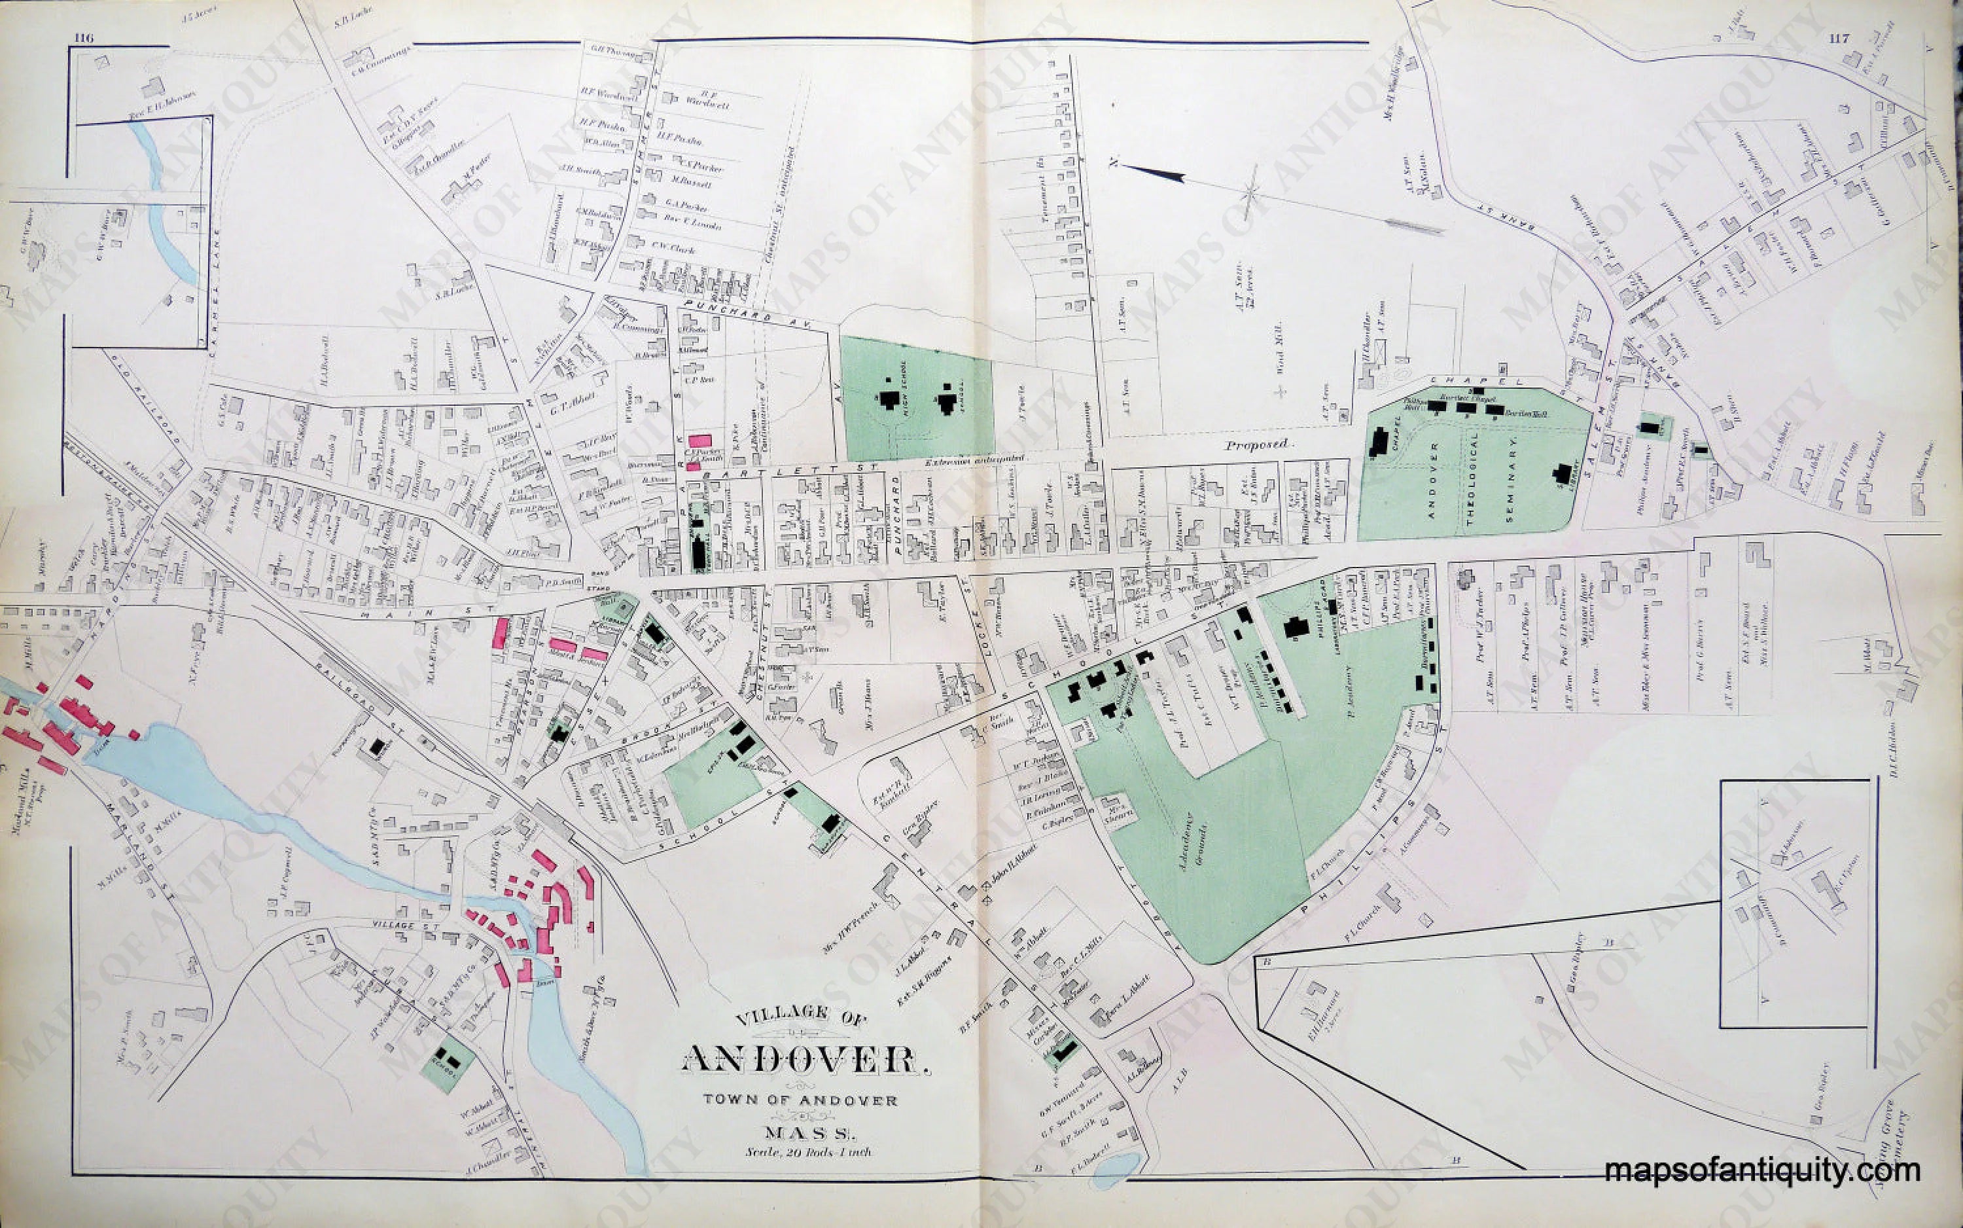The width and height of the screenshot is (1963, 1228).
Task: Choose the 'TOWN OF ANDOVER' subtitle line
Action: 800,1100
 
